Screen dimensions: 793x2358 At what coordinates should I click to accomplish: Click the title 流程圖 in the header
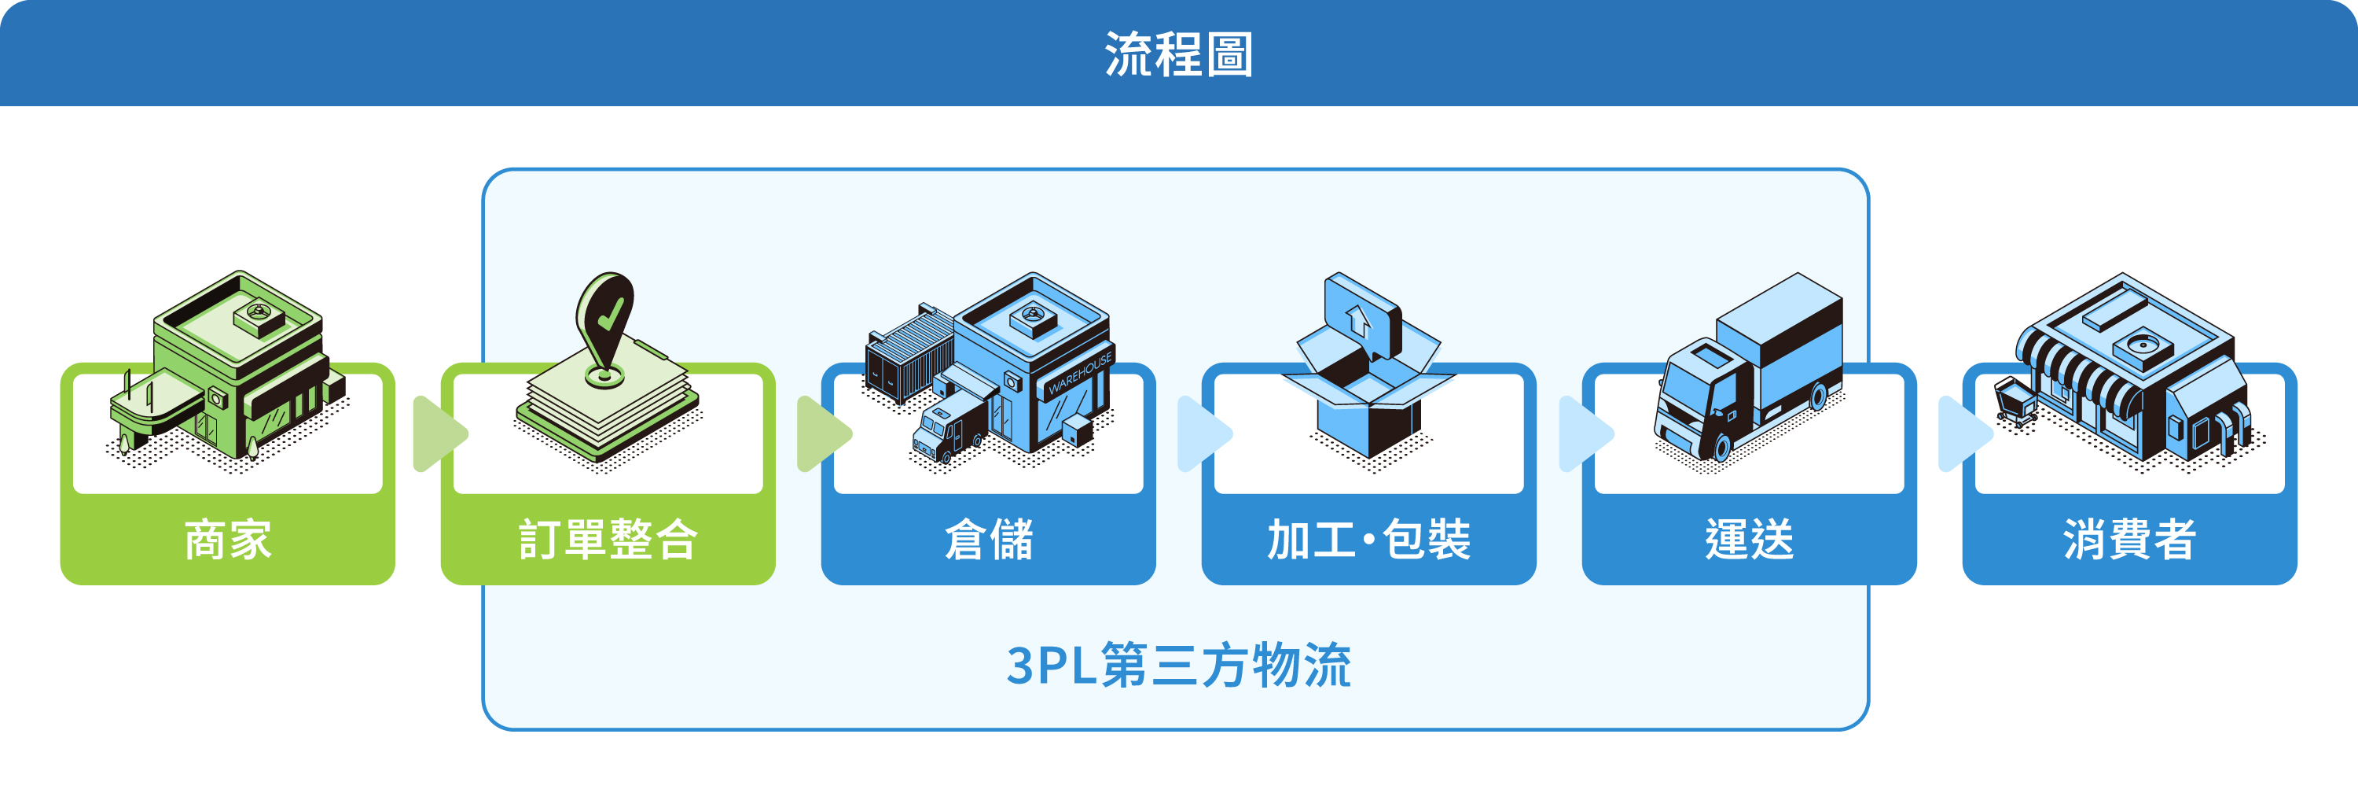pos(1178,54)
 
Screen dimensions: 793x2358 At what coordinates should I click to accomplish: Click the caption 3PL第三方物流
pos(1178,665)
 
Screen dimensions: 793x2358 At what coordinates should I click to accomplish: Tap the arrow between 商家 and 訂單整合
pos(438,433)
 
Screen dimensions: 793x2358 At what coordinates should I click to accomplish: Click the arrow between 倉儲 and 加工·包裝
pos(1201,433)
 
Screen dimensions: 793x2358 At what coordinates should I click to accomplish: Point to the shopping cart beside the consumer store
pos(2015,403)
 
